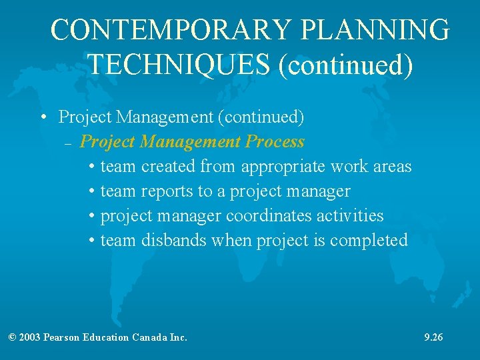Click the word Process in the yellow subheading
click(275, 142)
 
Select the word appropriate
click(283, 167)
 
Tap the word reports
click(167, 191)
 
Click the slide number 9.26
click(433, 337)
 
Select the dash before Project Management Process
click(69, 143)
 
